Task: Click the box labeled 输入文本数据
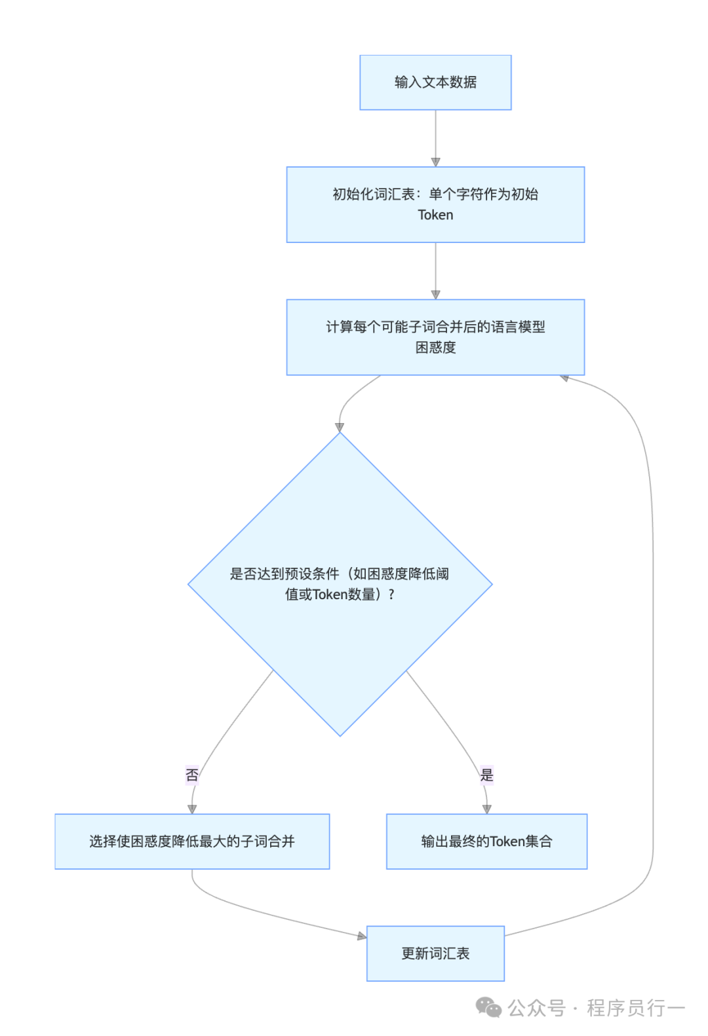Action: pyautogui.click(x=435, y=83)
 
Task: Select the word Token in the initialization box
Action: pyautogui.click(x=435, y=215)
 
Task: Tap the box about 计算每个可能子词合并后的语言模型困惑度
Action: pyautogui.click(x=435, y=337)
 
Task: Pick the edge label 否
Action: pyautogui.click(x=192, y=775)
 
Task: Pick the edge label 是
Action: pyautogui.click(x=486, y=775)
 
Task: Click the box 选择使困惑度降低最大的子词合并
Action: pyautogui.click(x=192, y=842)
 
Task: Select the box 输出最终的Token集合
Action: pyautogui.click(x=486, y=842)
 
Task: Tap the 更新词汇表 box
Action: pyautogui.click(x=435, y=953)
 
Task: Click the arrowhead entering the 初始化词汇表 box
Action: pyautogui.click(x=435, y=162)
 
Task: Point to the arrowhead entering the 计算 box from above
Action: pyautogui.click(x=435, y=295)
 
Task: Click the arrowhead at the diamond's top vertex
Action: pyautogui.click(x=340, y=428)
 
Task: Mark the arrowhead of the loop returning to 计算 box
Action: pyautogui.click(x=564, y=378)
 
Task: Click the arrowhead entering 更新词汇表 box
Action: pyautogui.click(x=362, y=936)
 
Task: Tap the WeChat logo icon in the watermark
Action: pyautogui.click(x=488, y=1007)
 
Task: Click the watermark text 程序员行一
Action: pyautogui.click(x=635, y=1008)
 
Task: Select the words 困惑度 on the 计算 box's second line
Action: pyautogui.click(x=435, y=348)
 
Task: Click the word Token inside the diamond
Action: pyautogui.click(x=330, y=595)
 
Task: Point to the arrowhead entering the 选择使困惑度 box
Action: pyautogui.click(x=192, y=809)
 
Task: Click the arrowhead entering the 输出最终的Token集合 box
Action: pyautogui.click(x=486, y=809)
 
